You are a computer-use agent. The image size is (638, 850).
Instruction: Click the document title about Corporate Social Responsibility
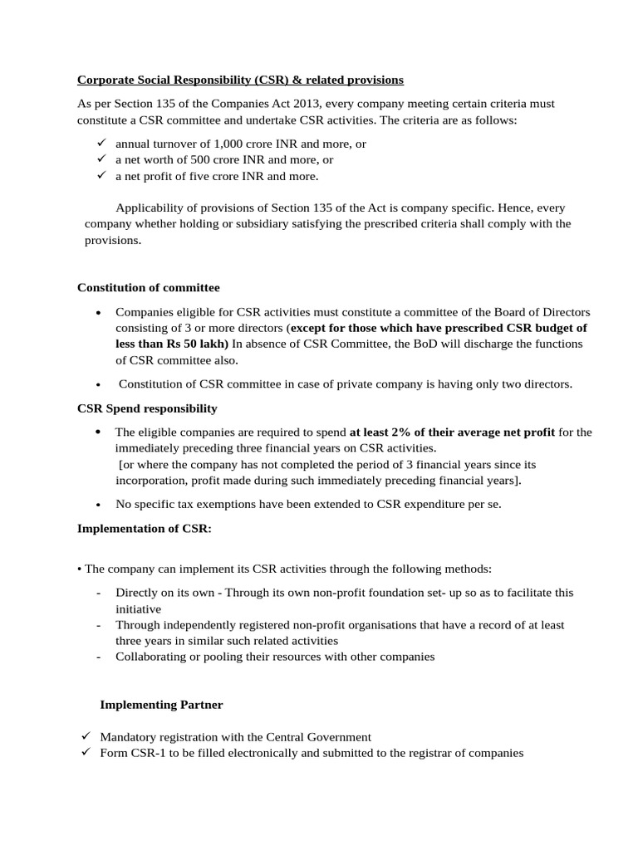pos(240,81)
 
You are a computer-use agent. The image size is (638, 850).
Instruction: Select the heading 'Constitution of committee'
pos(149,287)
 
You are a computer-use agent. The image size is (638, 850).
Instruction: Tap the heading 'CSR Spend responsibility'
pos(147,408)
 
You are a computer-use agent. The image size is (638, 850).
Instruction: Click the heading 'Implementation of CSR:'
pos(144,528)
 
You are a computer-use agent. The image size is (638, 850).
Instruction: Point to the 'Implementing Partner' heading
pos(161,705)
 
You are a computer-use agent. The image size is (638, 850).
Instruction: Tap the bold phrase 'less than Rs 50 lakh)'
pos(173,344)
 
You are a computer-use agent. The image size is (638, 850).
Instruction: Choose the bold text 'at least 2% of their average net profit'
pos(452,432)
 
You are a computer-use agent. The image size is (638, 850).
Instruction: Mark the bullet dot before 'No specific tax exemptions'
pos(99,505)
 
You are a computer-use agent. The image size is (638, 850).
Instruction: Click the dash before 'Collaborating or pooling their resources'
pos(99,657)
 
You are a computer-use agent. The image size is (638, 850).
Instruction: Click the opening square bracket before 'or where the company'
pos(121,465)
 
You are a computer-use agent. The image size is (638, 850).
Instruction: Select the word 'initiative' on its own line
pos(140,608)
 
